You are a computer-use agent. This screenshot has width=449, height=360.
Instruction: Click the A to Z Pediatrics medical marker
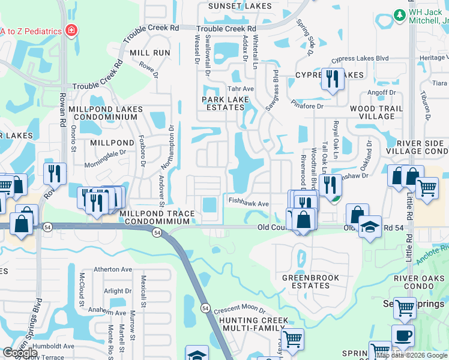(71, 30)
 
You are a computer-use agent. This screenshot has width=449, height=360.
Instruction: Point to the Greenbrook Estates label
(310, 281)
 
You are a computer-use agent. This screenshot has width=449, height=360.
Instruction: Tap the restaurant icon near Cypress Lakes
(333, 79)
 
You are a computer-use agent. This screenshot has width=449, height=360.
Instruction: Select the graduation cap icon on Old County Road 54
(370, 227)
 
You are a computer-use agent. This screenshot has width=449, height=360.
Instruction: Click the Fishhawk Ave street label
(247, 204)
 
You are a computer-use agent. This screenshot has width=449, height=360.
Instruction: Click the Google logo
(20, 353)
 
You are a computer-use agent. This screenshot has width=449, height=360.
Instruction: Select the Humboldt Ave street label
(53, 346)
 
